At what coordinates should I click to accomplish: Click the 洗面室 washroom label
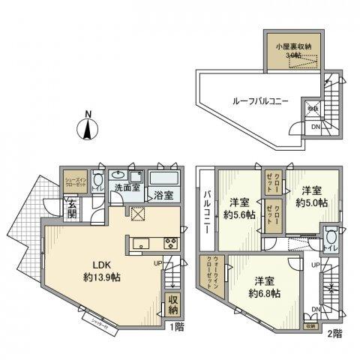(x=127, y=187)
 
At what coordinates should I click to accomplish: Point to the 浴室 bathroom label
(x=163, y=196)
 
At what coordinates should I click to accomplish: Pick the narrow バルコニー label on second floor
(x=205, y=211)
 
